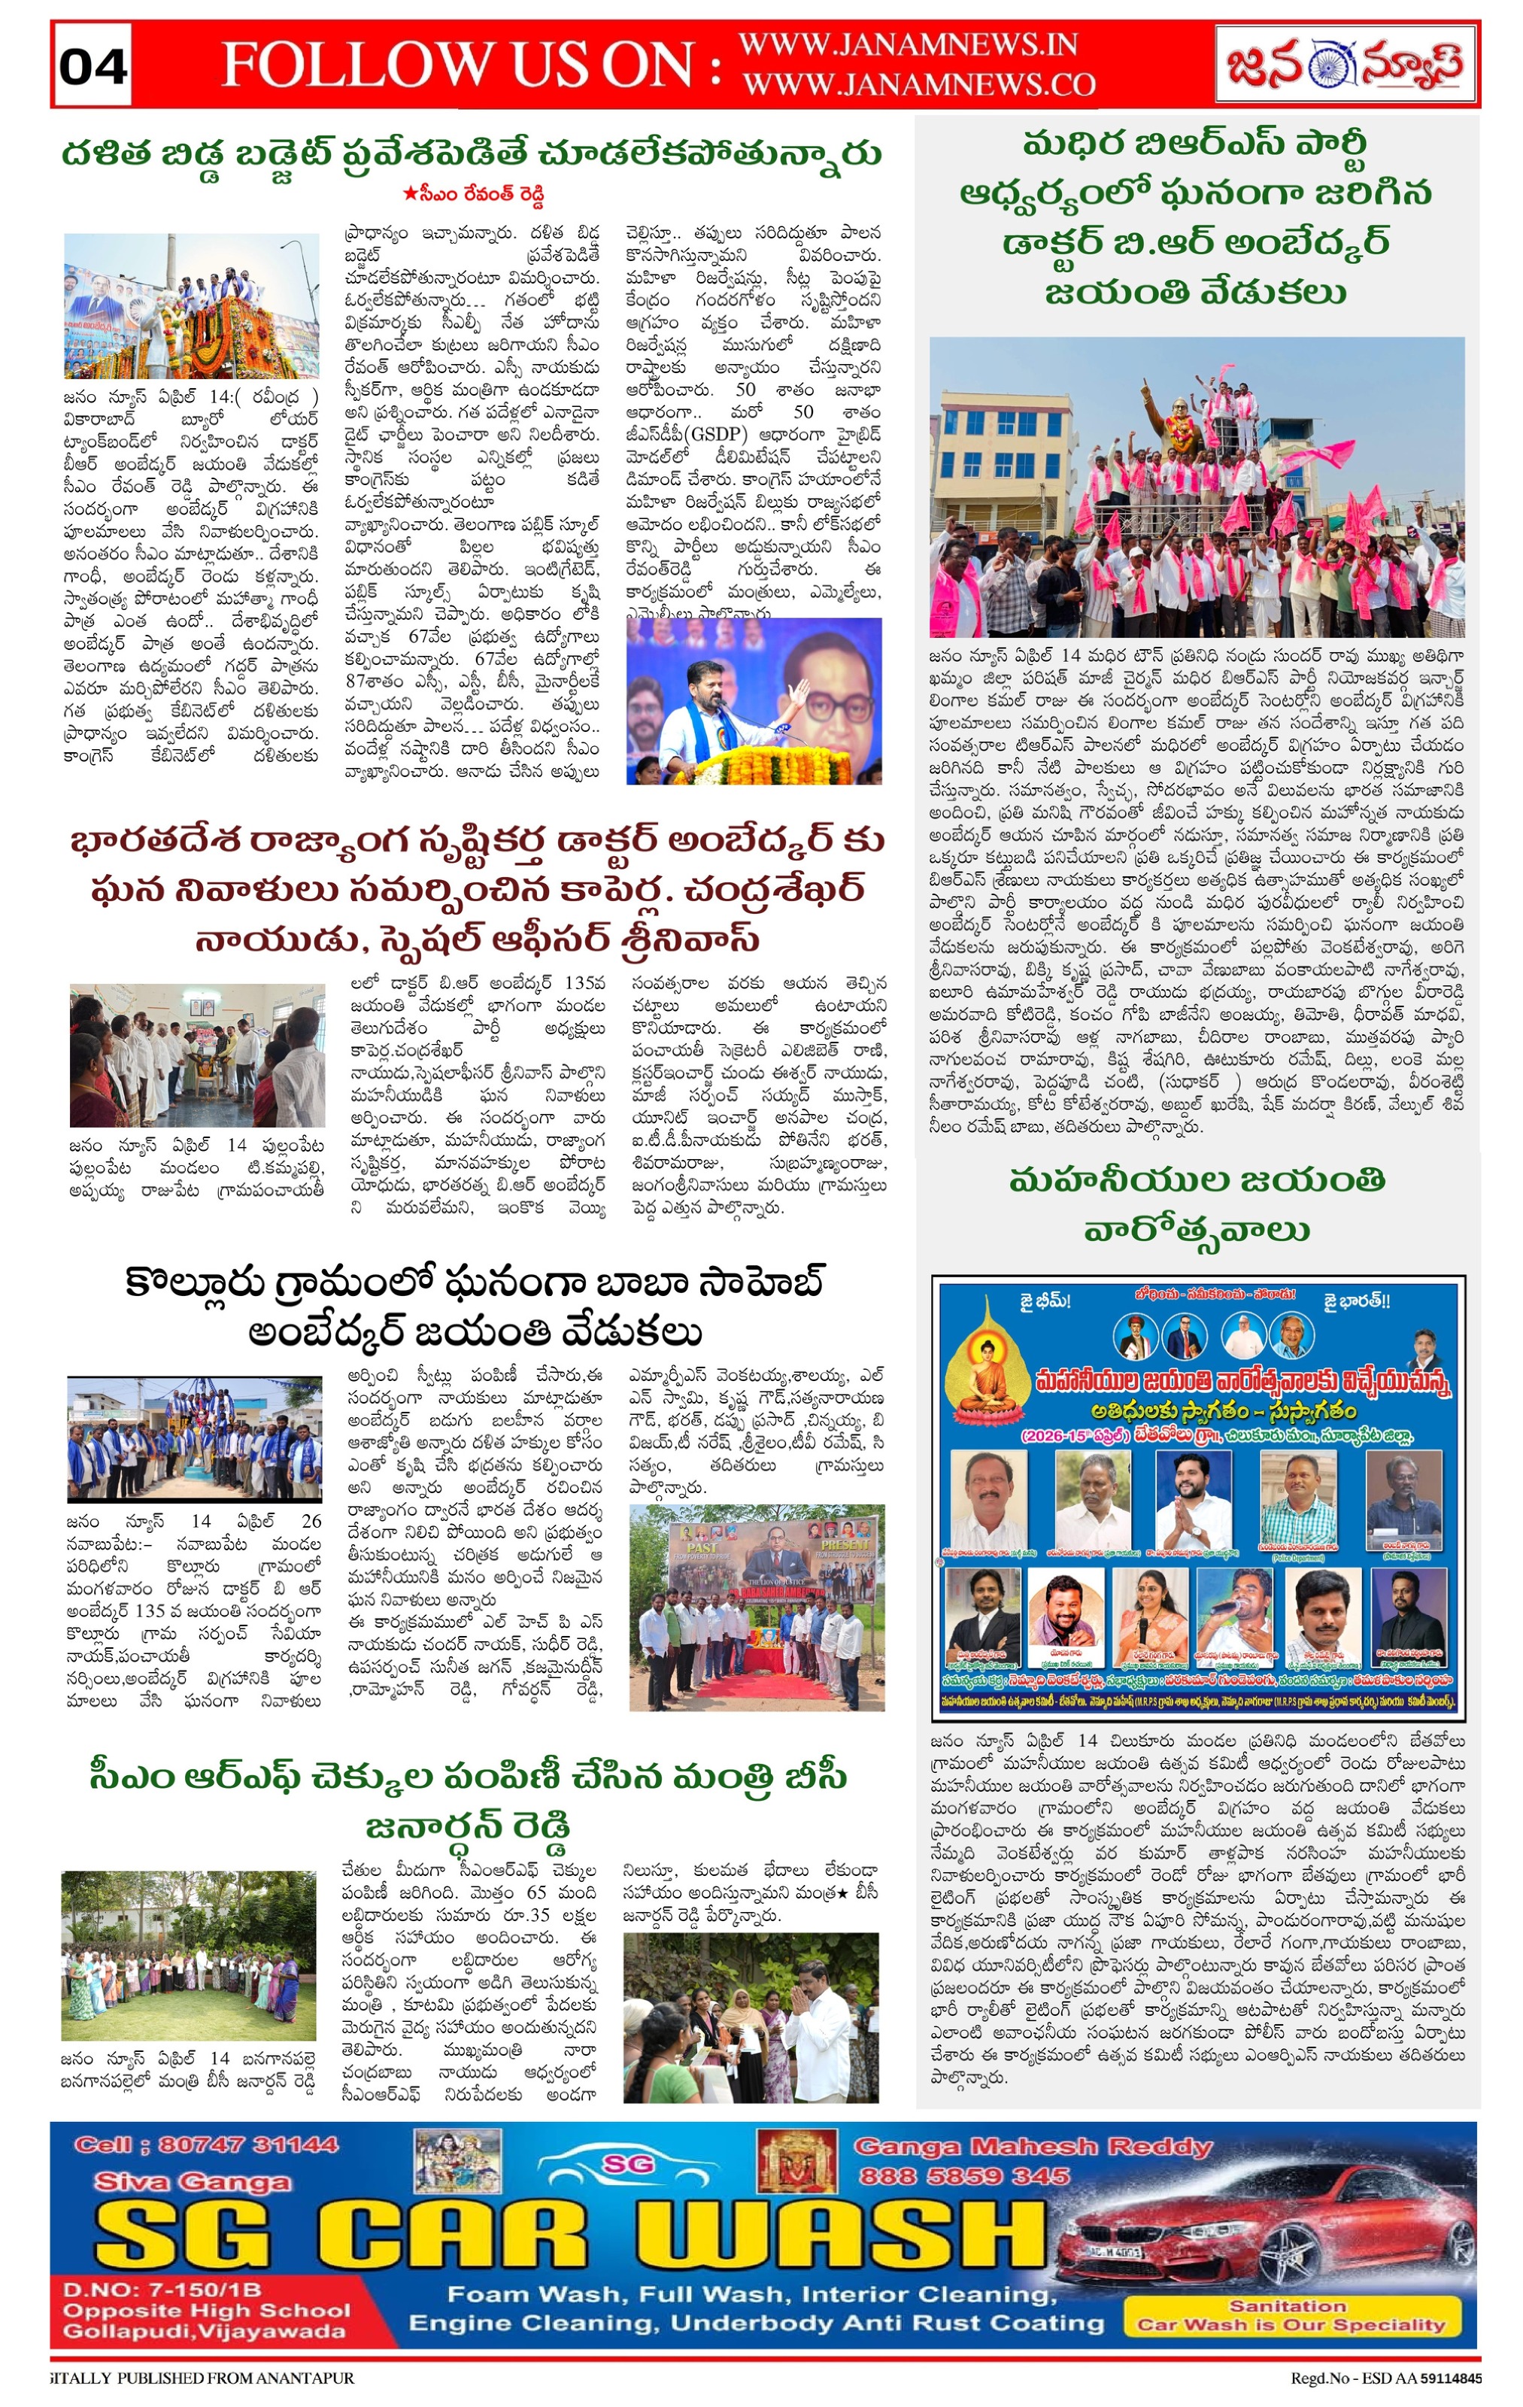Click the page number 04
pos(93,67)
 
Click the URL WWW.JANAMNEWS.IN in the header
pos(907,45)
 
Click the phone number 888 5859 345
pos(963,2176)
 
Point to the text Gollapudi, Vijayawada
pos(205,2331)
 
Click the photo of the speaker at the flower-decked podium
pos(754,700)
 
